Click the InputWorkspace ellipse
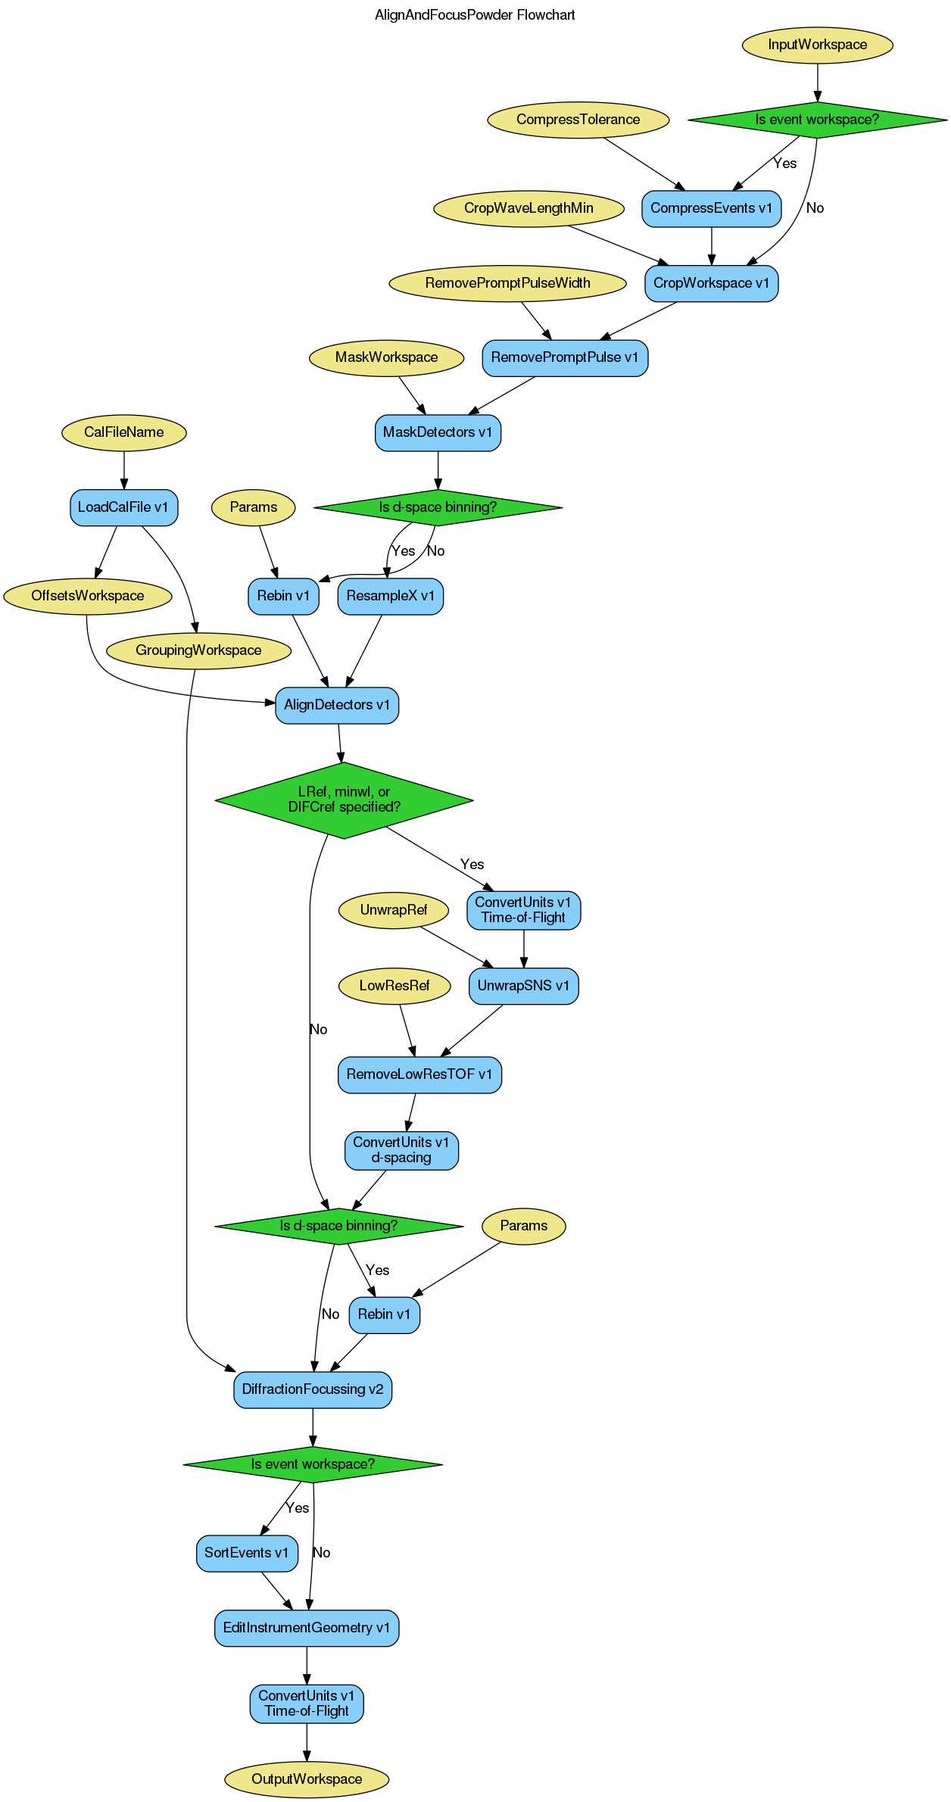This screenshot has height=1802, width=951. (x=817, y=45)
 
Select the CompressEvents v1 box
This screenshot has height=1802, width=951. (x=711, y=208)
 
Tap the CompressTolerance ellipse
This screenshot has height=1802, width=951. (x=578, y=120)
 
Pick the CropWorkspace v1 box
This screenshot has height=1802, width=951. (x=711, y=283)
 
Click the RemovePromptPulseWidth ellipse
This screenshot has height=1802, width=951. (x=507, y=283)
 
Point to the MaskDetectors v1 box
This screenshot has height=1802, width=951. (x=438, y=432)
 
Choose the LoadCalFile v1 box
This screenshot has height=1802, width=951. (x=123, y=507)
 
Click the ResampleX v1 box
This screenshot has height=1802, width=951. (x=390, y=596)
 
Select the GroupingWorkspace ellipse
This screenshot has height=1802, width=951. (x=198, y=650)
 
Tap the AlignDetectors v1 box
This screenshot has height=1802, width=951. (x=337, y=705)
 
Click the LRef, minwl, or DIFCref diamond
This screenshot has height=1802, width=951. (x=344, y=800)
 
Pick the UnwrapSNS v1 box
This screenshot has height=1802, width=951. (x=523, y=986)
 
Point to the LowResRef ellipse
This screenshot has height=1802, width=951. (x=394, y=986)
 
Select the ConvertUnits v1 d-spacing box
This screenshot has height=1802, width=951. (x=401, y=1150)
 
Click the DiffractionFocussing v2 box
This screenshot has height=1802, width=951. (x=313, y=1389)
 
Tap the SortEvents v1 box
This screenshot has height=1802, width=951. (x=247, y=1553)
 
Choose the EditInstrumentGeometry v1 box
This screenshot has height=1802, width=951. (x=307, y=1628)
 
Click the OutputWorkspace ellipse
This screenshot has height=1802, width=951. (x=307, y=1779)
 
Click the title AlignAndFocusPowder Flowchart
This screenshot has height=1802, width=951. (x=475, y=15)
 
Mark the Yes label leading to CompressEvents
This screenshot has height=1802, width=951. (x=784, y=164)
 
